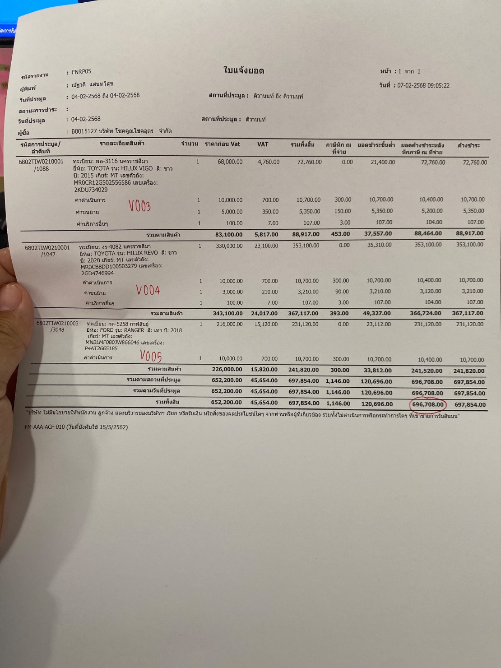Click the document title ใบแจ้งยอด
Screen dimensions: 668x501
click(244, 70)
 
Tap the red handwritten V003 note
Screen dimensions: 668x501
click(139, 206)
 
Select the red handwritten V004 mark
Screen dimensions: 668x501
click(148, 290)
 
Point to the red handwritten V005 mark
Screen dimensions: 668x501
click(151, 357)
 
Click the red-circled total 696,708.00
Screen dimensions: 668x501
click(428, 404)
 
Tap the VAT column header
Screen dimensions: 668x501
click(263, 144)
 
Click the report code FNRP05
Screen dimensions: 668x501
click(81, 72)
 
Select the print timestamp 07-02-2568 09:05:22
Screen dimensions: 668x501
click(423, 85)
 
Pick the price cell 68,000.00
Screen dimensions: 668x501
click(230, 162)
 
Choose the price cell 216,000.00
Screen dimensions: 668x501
click(230, 324)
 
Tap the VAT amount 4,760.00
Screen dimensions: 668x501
click(269, 162)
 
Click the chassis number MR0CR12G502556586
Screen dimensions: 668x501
click(102, 183)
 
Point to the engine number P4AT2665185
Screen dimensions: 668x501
click(101, 348)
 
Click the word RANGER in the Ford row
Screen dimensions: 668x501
click(134, 330)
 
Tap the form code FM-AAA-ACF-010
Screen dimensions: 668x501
click(45, 427)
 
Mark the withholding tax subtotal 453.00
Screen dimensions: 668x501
click(340, 234)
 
